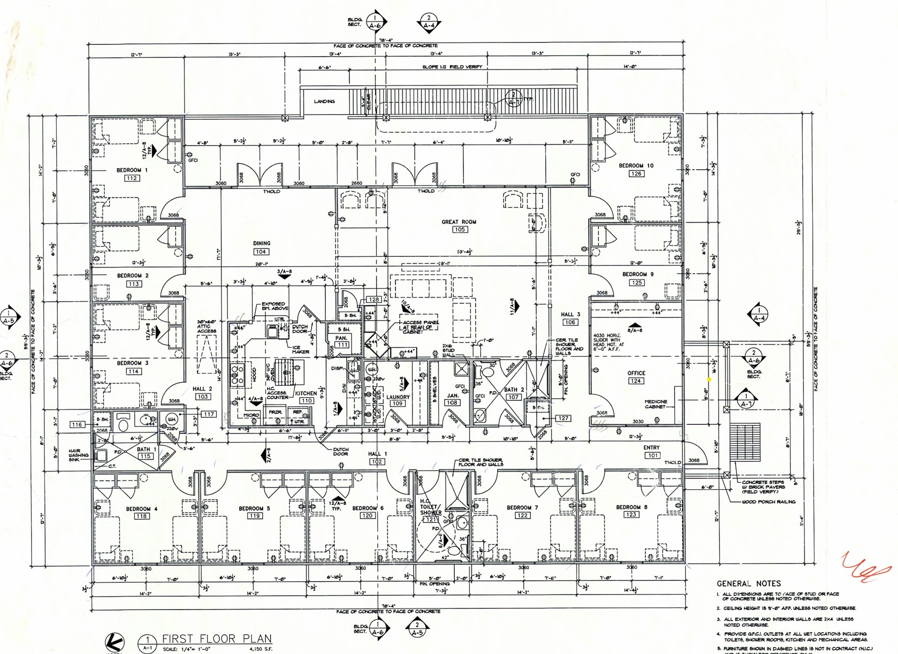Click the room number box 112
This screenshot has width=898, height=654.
click(x=132, y=178)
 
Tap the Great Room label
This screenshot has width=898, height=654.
click(x=459, y=222)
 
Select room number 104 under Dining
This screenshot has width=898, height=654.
click(x=261, y=252)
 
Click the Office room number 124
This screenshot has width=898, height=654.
click(x=636, y=381)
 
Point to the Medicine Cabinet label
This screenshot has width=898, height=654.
click(x=656, y=404)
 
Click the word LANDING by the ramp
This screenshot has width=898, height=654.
click(x=324, y=101)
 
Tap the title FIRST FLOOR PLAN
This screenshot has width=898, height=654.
click(x=217, y=638)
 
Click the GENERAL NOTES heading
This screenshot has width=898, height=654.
click(x=749, y=583)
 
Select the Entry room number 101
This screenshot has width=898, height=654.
click(x=652, y=455)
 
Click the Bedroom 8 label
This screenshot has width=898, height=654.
click(x=631, y=507)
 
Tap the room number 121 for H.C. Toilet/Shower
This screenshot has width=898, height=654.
click(x=430, y=520)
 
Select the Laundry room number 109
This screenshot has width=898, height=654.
click(x=398, y=404)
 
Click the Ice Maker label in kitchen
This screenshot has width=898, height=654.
click(x=300, y=349)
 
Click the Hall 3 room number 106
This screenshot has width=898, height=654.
click(x=570, y=322)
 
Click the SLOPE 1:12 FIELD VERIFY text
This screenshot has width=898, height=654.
click(x=452, y=67)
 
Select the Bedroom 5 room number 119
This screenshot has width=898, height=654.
click(x=254, y=516)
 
